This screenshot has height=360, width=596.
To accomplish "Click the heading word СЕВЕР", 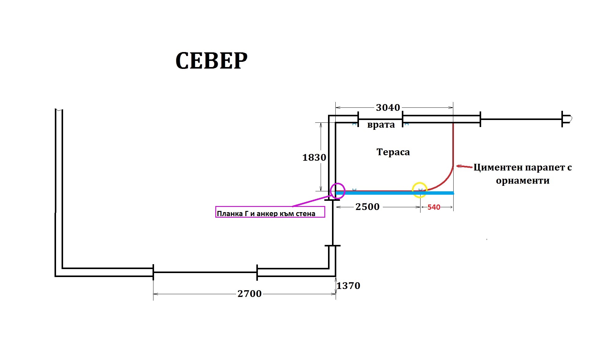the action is (211, 61).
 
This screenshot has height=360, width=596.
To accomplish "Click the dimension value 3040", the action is (388, 107).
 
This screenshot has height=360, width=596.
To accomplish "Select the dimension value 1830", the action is (314, 157).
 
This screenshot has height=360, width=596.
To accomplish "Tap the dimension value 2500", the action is (368, 207).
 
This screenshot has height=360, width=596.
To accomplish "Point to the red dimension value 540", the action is (434, 207).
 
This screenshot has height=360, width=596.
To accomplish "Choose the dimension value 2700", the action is (250, 294).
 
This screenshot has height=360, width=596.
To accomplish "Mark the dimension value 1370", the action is (349, 286).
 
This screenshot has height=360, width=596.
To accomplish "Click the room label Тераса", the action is (393, 152).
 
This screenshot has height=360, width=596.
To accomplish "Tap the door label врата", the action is (381, 125).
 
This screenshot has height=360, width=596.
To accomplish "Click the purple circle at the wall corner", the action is (338, 183).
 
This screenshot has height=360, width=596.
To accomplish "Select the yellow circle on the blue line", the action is (420, 182).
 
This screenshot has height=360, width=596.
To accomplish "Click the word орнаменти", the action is (523, 181).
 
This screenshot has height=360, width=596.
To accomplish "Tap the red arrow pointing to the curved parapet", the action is (464, 167).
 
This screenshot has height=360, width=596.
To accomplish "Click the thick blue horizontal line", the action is (395, 193).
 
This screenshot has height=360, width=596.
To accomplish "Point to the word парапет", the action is (545, 167).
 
